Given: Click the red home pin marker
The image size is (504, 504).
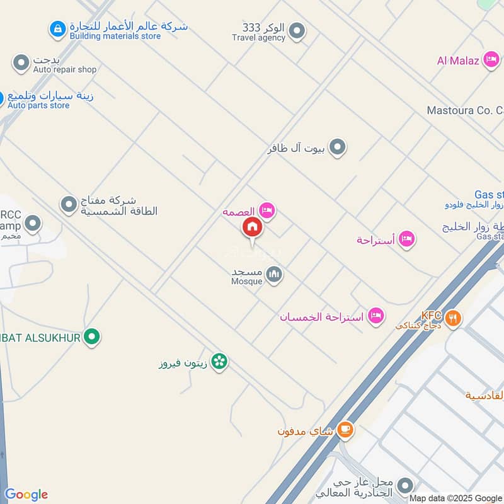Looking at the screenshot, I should (252, 227).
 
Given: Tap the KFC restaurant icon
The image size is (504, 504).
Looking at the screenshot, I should (452, 318).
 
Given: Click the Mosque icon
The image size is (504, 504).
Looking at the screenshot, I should (273, 275).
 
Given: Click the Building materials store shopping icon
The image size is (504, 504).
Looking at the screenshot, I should (58, 28).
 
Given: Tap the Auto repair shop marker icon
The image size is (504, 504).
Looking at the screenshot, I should (22, 63).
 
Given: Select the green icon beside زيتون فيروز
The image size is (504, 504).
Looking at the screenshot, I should (219, 362).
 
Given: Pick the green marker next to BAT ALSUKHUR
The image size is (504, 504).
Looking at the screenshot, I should (93, 337).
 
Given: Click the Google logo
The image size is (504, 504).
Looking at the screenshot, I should (26, 495).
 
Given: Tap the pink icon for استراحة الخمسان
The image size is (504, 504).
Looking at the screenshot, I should (376, 316).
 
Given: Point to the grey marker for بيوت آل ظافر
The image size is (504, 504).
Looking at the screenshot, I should (338, 148).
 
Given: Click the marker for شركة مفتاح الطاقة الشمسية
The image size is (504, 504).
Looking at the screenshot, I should (69, 204).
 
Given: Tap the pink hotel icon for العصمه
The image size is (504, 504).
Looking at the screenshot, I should (267, 211).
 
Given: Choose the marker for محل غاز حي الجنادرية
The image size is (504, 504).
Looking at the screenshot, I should (406, 486).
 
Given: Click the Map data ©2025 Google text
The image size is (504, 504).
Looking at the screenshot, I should (455, 498).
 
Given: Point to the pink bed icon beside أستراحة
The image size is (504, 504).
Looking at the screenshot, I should (406, 239).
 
